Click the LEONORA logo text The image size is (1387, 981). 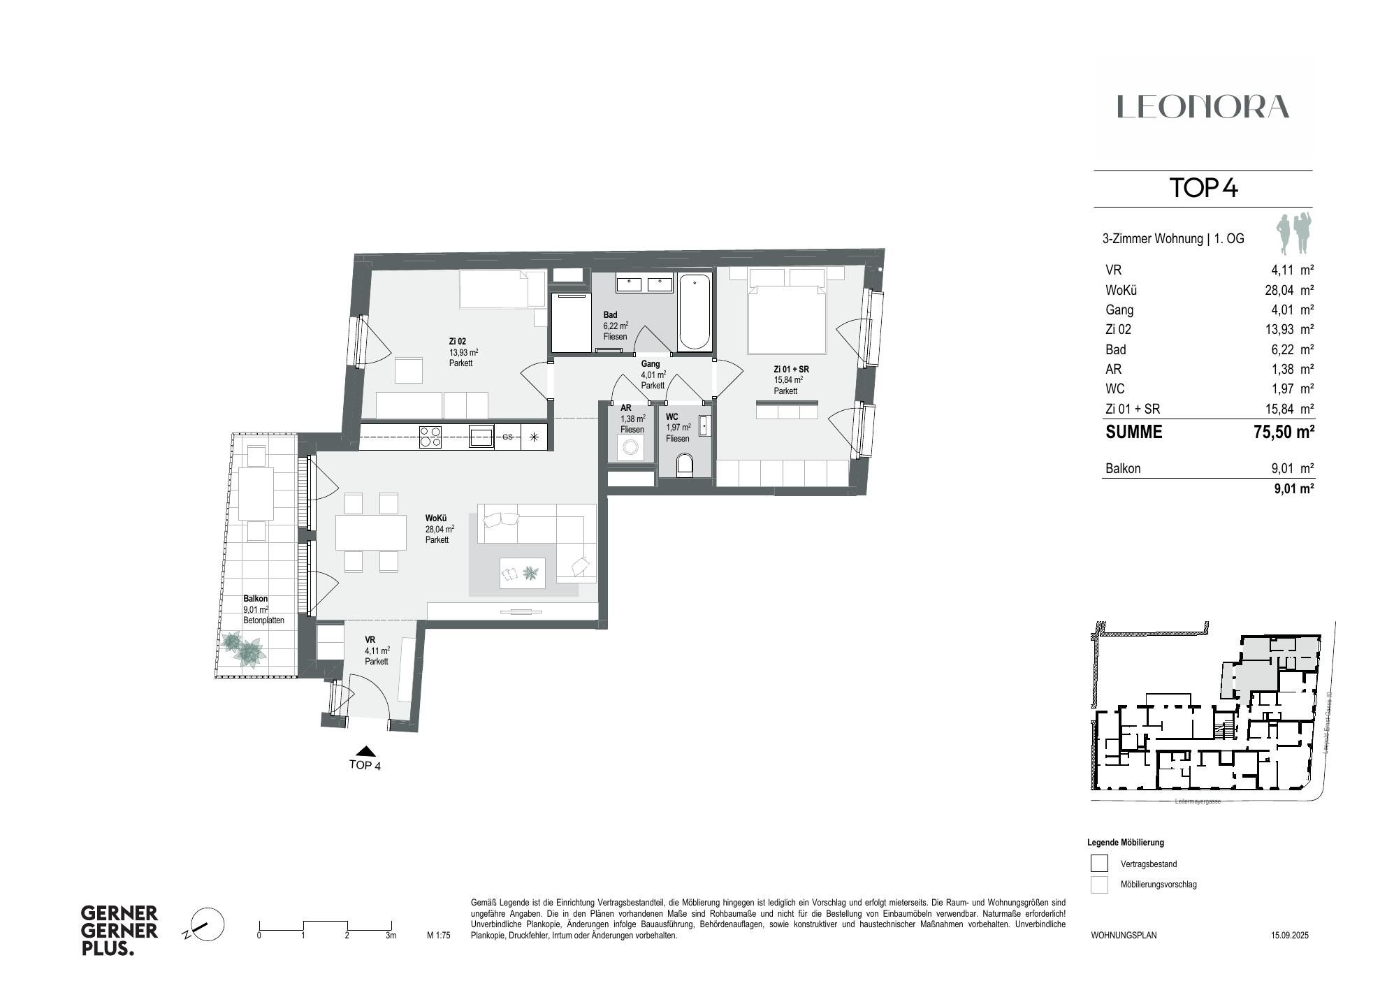(x=1203, y=107)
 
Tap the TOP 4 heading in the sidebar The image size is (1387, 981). (x=1203, y=188)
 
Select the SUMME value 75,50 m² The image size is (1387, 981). (x=1284, y=432)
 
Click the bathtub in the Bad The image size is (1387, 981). (x=695, y=312)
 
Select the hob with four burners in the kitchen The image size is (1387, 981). (x=430, y=437)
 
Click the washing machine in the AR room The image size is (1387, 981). (x=631, y=446)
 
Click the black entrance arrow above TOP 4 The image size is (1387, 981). (x=365, y=751)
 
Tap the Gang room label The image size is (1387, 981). (x=651, y=364)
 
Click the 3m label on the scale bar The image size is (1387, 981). (x=391, y=936)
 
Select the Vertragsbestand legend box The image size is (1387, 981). (x=1099, y=864)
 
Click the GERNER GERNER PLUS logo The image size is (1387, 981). (x=119, y=931)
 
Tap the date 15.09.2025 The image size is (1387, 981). (x=1289, y=935)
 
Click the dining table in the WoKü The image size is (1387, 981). (x=370, y=532)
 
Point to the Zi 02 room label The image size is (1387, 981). (x=458, y=342)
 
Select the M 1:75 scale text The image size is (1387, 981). (x=439, y=936)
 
